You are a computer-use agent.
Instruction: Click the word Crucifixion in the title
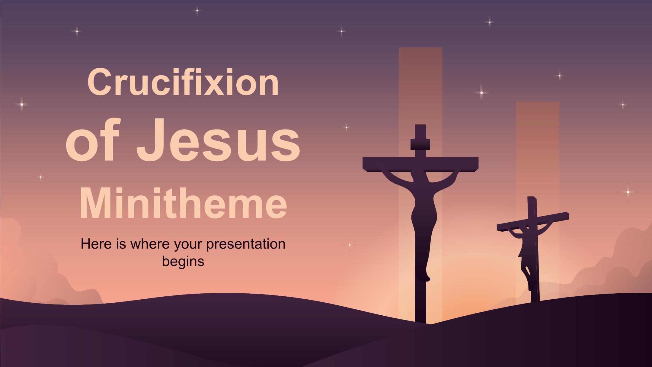[x=183, y=82]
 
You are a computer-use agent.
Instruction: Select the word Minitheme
[x=183, y=201]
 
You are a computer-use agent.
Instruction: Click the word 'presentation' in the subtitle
[x=246, y=244]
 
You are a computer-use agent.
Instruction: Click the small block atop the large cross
[x=420, y=144]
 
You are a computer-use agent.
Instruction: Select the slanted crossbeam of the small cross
[x=533, y=222]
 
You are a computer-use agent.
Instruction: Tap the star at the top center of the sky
[x=197, y=10]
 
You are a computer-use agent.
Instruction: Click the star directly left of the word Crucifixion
[x=22, y=105]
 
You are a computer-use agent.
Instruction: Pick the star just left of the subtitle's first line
[x=349, y=244]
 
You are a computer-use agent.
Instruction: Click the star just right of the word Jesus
[x=347, y=127]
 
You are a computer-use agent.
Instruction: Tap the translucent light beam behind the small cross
[x=538, y=199]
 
